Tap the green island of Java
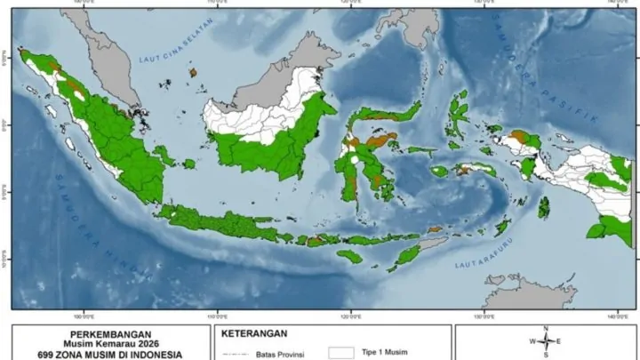click(x=222, y=222)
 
